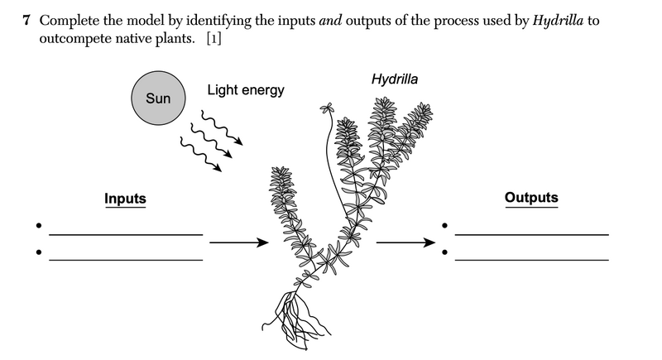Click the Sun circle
[158, 98]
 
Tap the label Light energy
[245, 89]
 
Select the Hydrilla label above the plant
[395, 79]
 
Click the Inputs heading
[125, 199]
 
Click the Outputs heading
[531, 198]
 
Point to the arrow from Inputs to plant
[240, 242]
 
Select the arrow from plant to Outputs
[405, 242]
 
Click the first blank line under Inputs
[126, 234]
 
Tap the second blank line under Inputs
[126, 259]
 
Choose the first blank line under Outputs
[531, 234]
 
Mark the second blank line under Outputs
[531, 259]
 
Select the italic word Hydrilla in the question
[556, 19]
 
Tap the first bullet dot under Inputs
[37, 224]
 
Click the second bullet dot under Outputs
[444, 249]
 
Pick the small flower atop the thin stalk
[327, 108]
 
